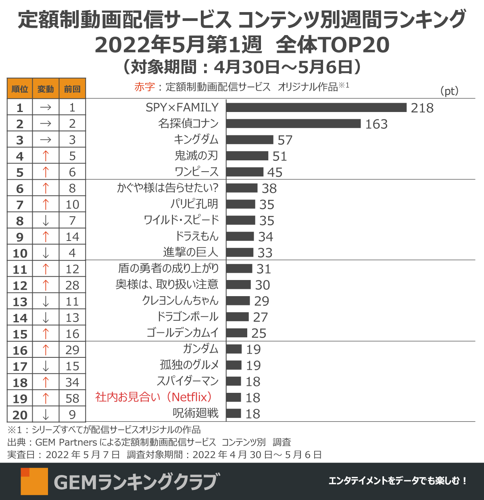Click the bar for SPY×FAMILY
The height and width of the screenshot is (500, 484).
click(316, 108)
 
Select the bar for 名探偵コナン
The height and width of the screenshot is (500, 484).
click(293, 124)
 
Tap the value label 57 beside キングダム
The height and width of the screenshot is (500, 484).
click(285, 140)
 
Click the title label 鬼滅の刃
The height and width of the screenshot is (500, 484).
click(196, 156)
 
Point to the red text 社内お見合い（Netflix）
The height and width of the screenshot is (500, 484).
click(154, 397)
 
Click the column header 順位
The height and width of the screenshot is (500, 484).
click(20, 89)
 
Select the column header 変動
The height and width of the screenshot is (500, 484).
click(46, 89)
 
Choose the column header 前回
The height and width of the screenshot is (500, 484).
click(72, 89)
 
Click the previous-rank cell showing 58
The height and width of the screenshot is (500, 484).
click(72, 398)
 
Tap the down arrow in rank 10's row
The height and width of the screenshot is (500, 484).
click(46, 253)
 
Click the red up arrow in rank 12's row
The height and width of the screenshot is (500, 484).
click(46, 285)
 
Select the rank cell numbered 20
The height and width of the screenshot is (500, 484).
click(20, 415)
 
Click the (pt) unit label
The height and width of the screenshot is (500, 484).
click(449, 91)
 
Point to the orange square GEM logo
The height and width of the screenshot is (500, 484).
click(34, 481)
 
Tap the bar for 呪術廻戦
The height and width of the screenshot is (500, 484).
click(234, 413)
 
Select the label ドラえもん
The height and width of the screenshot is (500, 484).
click(197, 236)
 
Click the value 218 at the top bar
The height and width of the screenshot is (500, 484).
click(422, 108)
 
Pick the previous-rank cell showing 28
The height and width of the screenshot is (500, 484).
click(72, 285)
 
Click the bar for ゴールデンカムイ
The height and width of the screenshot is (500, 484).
click(236, 333)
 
